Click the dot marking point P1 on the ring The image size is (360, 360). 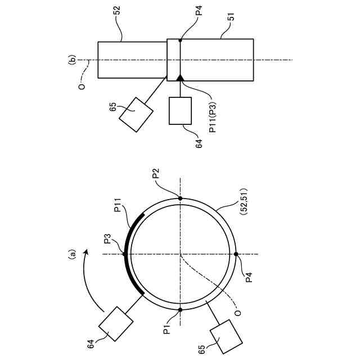pos(180,309)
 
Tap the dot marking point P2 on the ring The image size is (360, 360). pos(180,198)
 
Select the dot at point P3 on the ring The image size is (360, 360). pos(124,254)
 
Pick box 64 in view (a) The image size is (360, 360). pos(116,323)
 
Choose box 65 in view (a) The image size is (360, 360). pos(226,337)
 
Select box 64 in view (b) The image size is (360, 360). pos(181,110)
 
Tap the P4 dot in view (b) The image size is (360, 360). pos(180,40)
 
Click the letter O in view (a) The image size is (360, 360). pos(237,313)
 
